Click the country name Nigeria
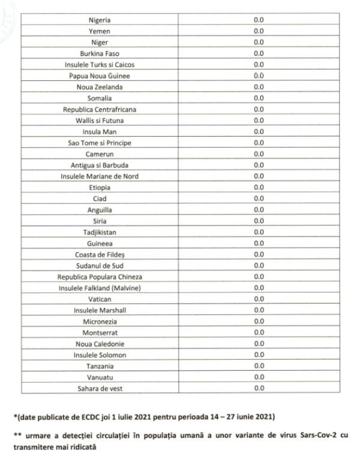(100, 20)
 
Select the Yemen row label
(100, 31)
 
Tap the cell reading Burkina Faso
(100, 53)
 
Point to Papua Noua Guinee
(100, 76)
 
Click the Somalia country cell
(100, 98)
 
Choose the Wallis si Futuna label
(100, 121)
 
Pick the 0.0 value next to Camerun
(259, 154)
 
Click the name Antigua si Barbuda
(100, 165)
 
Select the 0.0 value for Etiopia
(259, 188)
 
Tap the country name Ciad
(100, 199)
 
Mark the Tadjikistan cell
(100, 232)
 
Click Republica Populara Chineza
(100, 277)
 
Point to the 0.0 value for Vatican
(259, 299)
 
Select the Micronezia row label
(100, 321)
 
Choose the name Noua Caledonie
(100, 344)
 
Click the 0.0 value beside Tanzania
(259, 366)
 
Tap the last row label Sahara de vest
(100, 389)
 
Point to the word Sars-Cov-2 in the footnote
(316, 435)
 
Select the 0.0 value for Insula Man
(259, 132)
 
